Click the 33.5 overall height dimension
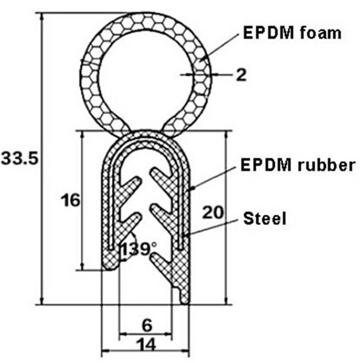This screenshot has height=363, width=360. click(20, 159)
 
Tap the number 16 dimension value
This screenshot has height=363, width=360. click(70, 200)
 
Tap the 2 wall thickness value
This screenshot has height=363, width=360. click(241, 74)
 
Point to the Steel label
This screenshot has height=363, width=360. click(265, 218)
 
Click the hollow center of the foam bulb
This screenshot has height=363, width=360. click(146, 76)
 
